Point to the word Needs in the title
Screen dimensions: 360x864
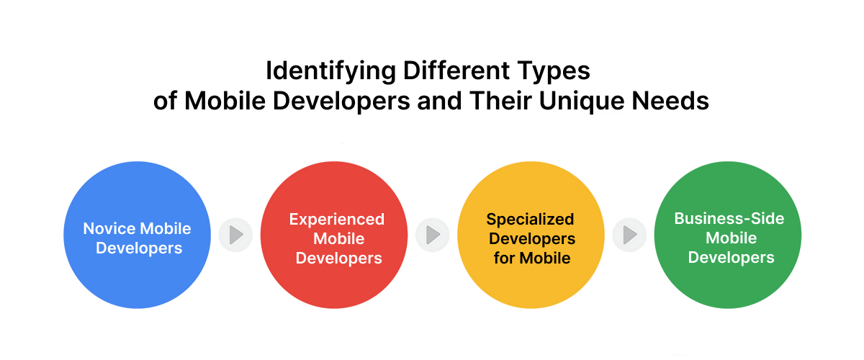(672, 101)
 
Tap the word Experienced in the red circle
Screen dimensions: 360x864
(337, 219)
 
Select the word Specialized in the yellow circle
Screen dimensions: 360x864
(530, 219)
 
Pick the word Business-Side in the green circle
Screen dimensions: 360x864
(728, 219)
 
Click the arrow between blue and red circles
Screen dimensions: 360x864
(235, 235)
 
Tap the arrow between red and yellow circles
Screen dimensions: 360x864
(433, 235)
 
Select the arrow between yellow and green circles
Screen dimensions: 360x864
(630, 235)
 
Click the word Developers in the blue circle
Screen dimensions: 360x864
(139, 248)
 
